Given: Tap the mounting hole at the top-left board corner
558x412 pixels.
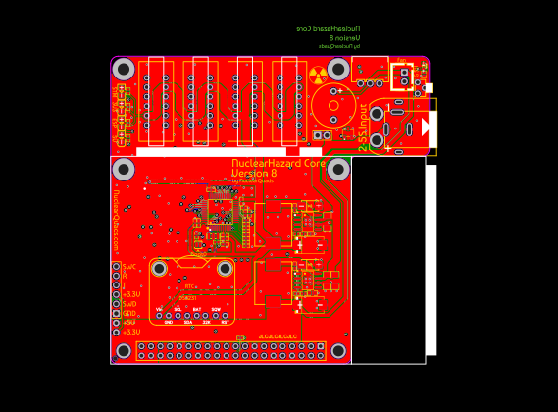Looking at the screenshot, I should (124, 69).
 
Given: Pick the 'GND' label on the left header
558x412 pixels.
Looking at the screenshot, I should (128, 313).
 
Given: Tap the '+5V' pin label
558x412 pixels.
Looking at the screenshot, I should (129, 323).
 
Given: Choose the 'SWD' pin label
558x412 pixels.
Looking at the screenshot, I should (129, 304).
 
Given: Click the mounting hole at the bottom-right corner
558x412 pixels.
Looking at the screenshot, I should (339, 350).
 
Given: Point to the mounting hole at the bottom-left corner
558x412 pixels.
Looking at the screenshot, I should (124, 350).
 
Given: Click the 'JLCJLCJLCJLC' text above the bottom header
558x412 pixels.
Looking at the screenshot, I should (278, 336).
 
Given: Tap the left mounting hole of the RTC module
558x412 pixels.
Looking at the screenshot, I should (159, 268).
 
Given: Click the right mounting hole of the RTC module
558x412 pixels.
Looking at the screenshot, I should (225, 268).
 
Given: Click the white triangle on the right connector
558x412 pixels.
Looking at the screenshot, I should (425, 127).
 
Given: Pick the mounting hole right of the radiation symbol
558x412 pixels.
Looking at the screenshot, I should (338, 69).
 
